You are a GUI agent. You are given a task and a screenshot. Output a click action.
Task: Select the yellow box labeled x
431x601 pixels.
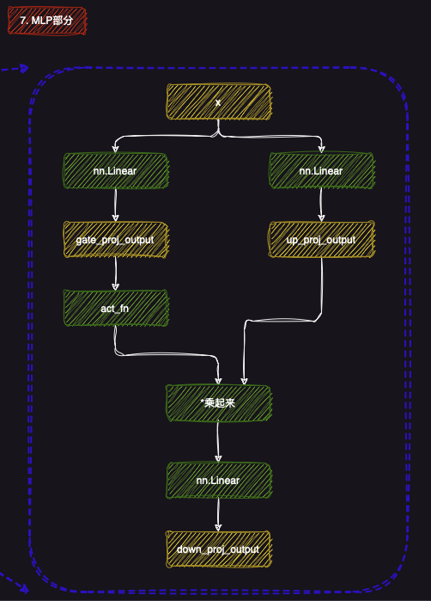(218, 102)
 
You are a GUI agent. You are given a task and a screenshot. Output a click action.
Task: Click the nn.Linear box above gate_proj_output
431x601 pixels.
(115, 171)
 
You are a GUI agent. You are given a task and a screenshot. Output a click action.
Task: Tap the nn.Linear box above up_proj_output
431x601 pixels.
(321, 171)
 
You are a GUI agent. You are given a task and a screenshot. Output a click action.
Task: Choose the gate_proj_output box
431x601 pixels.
(115, 239)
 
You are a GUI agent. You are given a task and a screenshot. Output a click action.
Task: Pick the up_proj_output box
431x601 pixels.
(321, 239)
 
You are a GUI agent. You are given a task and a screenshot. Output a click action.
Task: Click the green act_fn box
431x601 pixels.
(115, 307)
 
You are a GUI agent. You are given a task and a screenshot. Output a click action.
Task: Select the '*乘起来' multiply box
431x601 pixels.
(218, 402)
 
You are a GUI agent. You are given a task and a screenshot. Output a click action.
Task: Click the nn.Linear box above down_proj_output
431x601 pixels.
(218, 480)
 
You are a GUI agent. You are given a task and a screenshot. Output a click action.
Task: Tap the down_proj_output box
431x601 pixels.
(218, 548)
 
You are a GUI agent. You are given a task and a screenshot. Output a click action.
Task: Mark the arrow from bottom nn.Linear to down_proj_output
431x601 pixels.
(218, 514)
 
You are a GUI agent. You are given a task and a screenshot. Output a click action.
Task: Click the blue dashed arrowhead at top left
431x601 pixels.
(23, 69)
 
